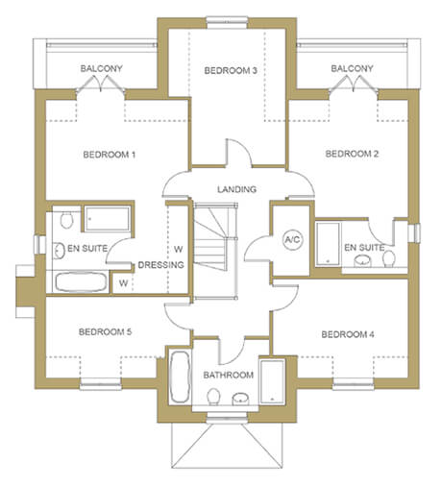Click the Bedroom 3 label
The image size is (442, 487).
point(231,70)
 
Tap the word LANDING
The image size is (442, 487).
point(236,189)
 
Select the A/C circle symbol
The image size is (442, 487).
point(293,239)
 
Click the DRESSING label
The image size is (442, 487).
point(160,265)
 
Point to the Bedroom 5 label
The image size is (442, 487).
point(105,331)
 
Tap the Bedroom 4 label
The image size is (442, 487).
point(348,334)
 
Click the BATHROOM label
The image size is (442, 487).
point(229,375)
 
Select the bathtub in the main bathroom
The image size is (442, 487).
point(180,377)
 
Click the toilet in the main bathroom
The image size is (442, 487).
point(213,397)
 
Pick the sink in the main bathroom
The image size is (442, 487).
point(240,399)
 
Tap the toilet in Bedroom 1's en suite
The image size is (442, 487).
point(66,220)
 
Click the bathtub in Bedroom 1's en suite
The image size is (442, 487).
point(81,281)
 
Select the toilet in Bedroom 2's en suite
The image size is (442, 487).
point(389,258)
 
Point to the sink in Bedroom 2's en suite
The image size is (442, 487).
point(362,260)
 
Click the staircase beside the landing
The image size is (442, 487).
point(216,251)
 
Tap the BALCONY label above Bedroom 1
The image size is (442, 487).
point(101,68)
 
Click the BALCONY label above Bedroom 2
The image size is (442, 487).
point(352,68)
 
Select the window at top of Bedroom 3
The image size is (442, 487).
point(228,20)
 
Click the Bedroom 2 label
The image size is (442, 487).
point(352,154)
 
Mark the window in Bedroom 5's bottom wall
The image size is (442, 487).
point(101,384)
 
